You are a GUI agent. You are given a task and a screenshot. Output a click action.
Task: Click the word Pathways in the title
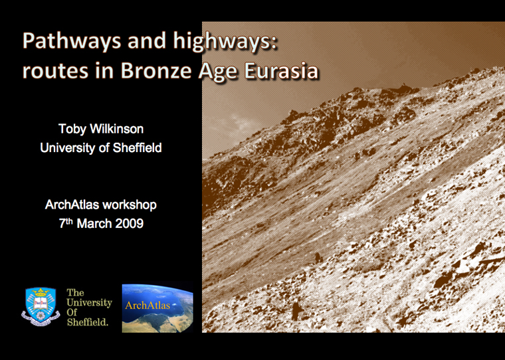[72, 42]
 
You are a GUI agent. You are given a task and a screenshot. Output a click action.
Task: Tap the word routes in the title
[55, 71]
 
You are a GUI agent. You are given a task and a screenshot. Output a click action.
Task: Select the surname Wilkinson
[116, 129]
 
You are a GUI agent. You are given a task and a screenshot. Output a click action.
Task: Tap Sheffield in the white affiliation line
[137, 148]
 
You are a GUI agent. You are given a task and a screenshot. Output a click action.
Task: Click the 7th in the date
[66, 223]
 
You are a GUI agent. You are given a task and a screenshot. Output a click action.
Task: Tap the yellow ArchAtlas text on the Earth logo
[148, 306]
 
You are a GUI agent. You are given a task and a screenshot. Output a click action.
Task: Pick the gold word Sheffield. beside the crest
[88, 321]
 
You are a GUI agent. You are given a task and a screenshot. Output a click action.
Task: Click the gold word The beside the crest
[75, 292]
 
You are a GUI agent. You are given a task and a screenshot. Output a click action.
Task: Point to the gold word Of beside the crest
[72, 312]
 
